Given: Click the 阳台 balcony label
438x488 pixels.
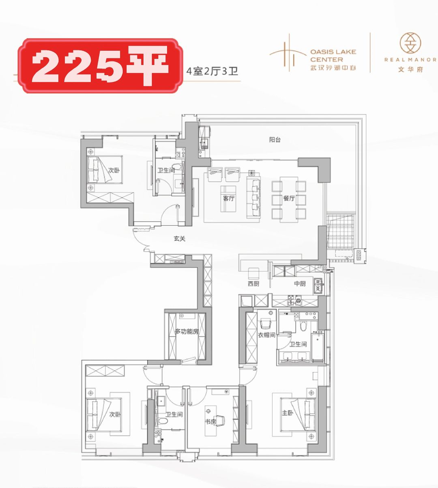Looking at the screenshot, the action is pos(275,140).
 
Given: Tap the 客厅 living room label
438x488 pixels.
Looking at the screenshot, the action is pos(229,199).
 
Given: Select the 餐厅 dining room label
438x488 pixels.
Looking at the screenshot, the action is pos(289,199).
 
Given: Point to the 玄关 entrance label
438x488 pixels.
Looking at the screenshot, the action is pos(180,239).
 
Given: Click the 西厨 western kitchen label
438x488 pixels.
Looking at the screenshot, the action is pos(253,284).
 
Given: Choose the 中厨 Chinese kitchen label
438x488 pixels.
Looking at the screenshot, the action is pos(300,284).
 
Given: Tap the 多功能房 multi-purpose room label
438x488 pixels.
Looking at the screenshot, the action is pos(187,331).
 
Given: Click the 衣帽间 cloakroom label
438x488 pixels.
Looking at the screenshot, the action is pos(266,335).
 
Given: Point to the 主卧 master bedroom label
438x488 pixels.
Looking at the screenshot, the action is pos(288,413).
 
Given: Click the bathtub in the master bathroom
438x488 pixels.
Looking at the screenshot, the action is pos(318,348).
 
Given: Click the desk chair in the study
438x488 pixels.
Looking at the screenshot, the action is pos(219,421).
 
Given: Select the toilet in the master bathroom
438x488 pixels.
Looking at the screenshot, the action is pos(303,326).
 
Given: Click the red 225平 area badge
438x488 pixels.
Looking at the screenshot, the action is pos(101,66).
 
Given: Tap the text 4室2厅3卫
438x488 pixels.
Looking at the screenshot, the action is pos(212,71).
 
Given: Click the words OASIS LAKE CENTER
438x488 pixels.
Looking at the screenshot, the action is pos(333,56).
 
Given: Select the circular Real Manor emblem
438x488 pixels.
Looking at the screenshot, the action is pos(410,43).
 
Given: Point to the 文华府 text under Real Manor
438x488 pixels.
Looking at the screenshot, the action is pos(410,69).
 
